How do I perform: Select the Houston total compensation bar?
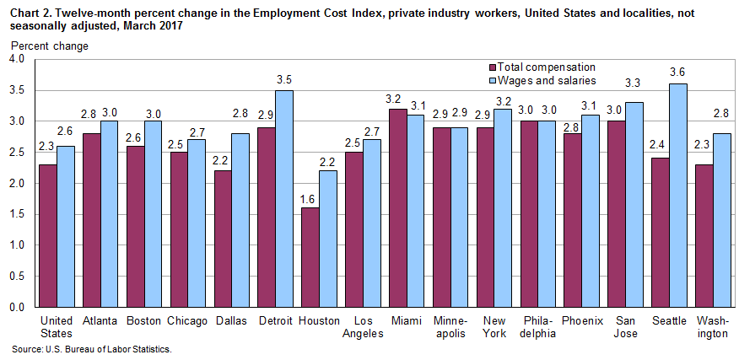[310, 257]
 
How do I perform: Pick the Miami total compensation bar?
[396, 207]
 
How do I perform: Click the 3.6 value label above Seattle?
[677, 72]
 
